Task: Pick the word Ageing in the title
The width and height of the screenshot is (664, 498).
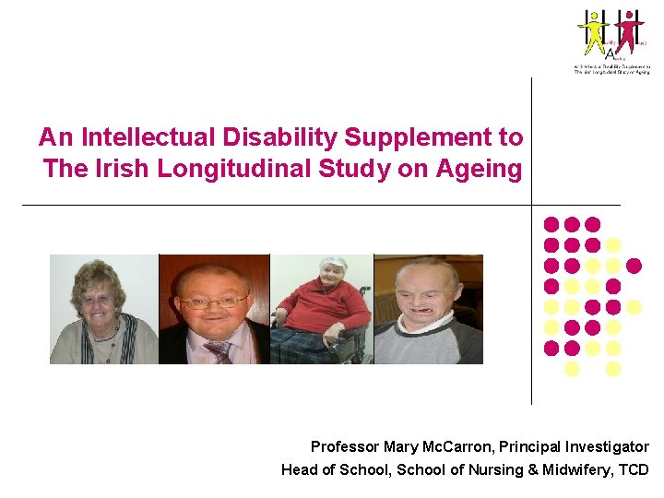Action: pos(484,169)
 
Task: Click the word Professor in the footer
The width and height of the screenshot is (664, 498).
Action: pos(345,447)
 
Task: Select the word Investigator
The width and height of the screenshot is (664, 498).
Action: pos(604,447)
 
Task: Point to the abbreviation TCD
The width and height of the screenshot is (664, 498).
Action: pos(634,469)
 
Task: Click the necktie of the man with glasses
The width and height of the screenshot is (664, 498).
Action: pos(219,351)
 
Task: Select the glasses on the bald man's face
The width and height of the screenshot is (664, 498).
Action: pos(214,302)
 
